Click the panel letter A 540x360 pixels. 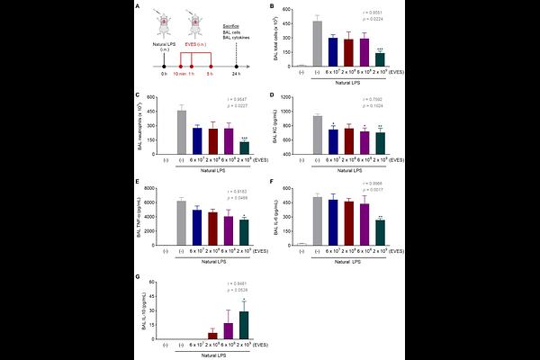point(136,8)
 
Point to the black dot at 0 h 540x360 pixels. point(165,66)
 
